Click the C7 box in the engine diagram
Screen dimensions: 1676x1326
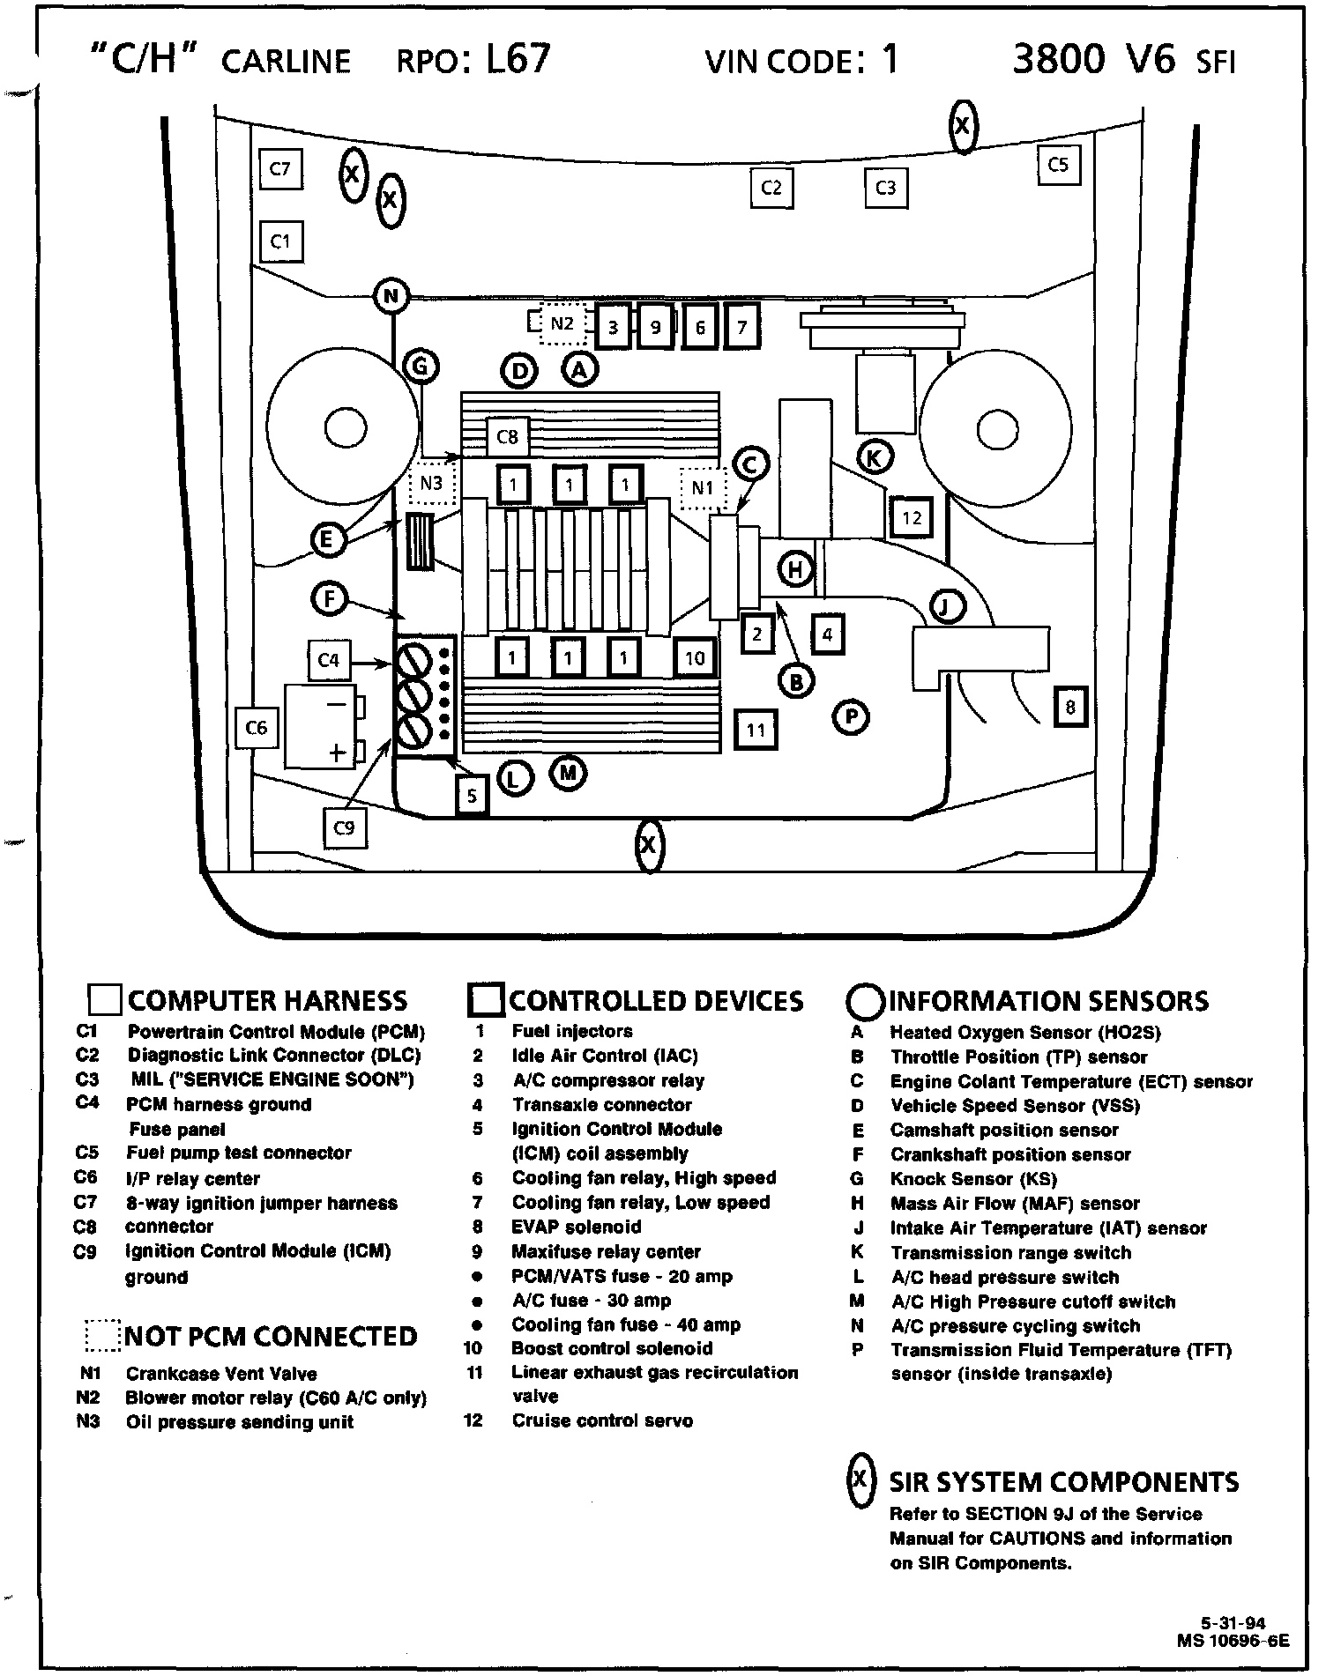pyautogui.click(x=281, y=168)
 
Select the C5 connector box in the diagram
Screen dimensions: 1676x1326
pyautogui.click(x=1058, y=165)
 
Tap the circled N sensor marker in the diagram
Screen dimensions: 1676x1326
pyautogui.click(x=391, y=296)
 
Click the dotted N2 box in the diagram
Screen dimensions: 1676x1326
pyautogui.click(x=562, y=323)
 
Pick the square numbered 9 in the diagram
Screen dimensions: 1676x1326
pyautogui.click(x=655, y=328)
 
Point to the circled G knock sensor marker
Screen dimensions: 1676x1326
pyautogui.click(x=421, y=366)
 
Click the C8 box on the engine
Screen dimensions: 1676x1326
pyautogui.click(x=508, y=436)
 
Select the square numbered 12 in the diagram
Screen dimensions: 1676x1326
pyautogui.click(x=911, y=517)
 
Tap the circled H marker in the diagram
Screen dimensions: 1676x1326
pyautogui.click(x=796, y=569)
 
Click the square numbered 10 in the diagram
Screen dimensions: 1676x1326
pyautogui.click(x=695, y=657)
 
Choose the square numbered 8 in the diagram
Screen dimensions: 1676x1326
pyautogui.click(x=1070, y=707)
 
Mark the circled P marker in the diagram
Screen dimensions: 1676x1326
pyautogui.click(x=851, y=717)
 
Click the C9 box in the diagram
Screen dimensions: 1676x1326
pyautogui.click(x=345, y=828)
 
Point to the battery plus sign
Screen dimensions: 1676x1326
pyautogui.click(x=336, y=753)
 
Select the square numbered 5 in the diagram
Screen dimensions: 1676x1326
pyautogui.click(x=472, y=796)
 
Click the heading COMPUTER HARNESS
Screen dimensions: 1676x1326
pyautogui.click(x=267, y=1001)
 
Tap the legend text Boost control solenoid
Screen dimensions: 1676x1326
pyautogui.click(x=612, y=1348)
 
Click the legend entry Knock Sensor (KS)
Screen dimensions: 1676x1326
pyautogui.click(x=973, y=1179)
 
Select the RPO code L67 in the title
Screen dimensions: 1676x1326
pyautogui.click(x=518, y=58)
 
